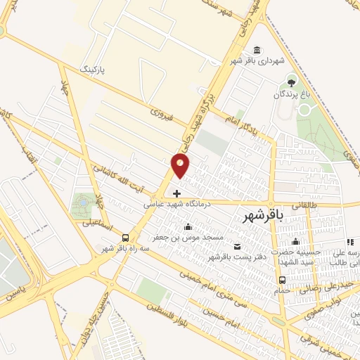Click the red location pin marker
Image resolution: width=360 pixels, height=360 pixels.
pyautogui.click(x=181, y=166)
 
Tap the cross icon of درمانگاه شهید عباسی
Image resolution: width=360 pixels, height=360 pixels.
pyautogui.click(x=176, y=193)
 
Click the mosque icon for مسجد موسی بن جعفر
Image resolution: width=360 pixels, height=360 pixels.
pyautogui.click(x=188, y=226)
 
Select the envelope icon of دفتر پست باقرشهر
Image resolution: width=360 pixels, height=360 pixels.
pyautogui.click(x=237, y=245)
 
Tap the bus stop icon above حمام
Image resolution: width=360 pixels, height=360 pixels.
pyautogui.click(x=282, y=279)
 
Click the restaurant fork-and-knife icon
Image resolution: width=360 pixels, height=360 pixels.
pyautogui.click(x=351, y=242)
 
